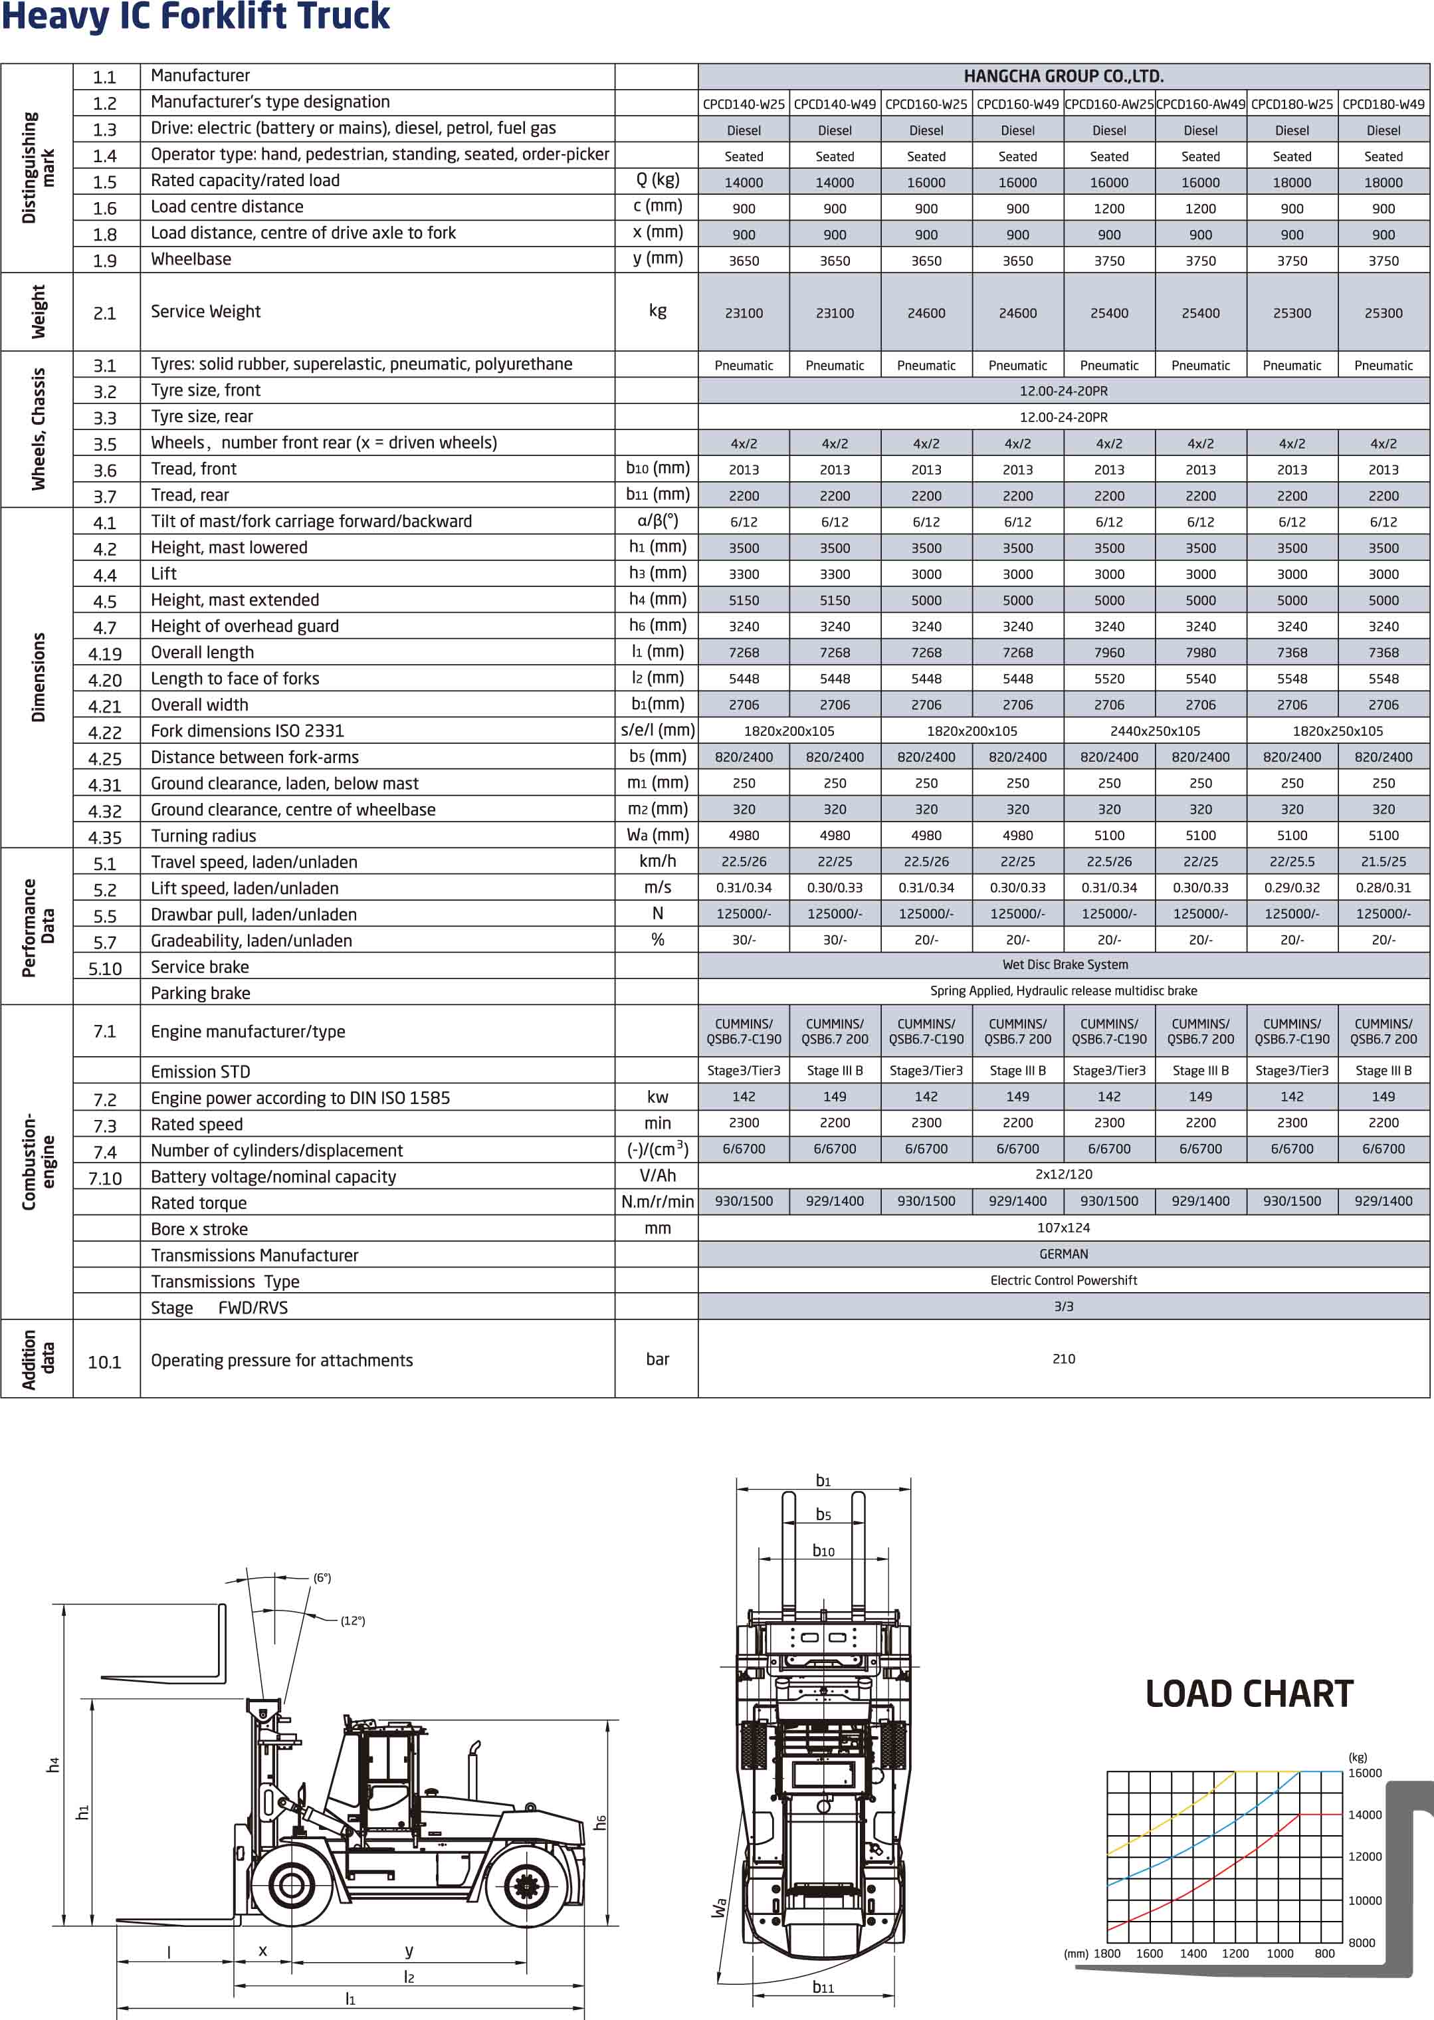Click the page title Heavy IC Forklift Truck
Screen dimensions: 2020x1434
(195, 17)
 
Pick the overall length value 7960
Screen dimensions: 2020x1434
(1109, 653)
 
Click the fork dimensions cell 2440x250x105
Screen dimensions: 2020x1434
(1155, 731)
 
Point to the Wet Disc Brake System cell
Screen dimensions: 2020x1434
(1064, 965)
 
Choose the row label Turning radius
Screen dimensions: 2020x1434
(203, 836)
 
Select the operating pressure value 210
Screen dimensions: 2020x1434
(1063, 1359)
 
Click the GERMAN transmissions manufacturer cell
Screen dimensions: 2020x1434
(1063, 1254)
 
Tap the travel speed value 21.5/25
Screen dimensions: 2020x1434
(1383, 862)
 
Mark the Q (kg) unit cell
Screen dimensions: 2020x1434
(657, 180)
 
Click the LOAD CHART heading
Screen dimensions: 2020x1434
(1249, 1693)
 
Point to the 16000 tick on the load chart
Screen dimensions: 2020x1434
(1364, 1773)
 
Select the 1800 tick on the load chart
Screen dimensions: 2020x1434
(1107, 1954)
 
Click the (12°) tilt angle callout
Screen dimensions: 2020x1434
(352, 1621)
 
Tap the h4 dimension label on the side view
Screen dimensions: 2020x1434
(53, 1764)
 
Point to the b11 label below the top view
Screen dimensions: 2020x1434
(823, 1987)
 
